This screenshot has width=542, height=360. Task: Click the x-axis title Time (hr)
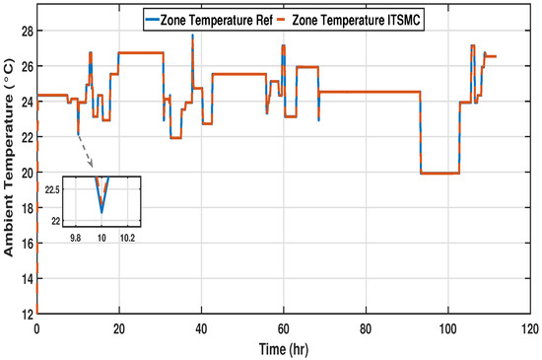(x=283, y=350)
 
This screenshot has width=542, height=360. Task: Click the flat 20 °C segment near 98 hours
(x=439, y=173)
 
